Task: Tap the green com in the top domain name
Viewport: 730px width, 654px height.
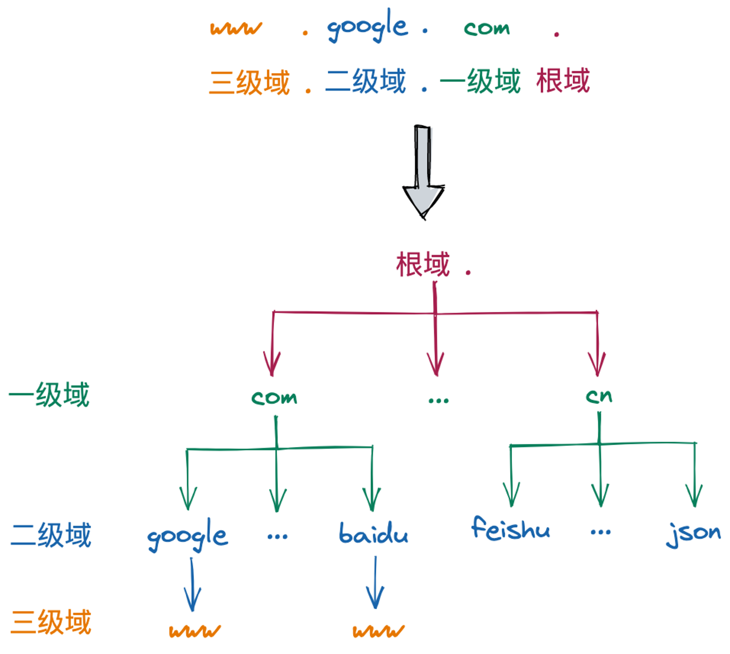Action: pos(487,28)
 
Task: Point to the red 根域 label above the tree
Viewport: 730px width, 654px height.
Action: pos(423,264)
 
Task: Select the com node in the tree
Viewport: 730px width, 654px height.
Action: pos(274,397)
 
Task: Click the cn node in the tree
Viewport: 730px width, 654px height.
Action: pos(599,396)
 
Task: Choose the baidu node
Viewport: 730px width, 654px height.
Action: pos(373,533)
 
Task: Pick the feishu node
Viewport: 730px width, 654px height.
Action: pos(510,528)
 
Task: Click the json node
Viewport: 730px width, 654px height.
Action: pos(693,534)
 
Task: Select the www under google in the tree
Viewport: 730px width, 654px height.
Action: pos(195,631)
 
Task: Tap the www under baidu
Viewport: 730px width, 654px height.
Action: pos(379,631)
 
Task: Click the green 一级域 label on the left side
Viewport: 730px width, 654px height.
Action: pos(49,395)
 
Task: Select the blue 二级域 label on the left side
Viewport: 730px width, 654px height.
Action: pos(51,535)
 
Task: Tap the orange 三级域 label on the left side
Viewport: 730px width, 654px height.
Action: pos(51,622)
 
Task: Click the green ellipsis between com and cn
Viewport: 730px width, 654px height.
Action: pos(438,401)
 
